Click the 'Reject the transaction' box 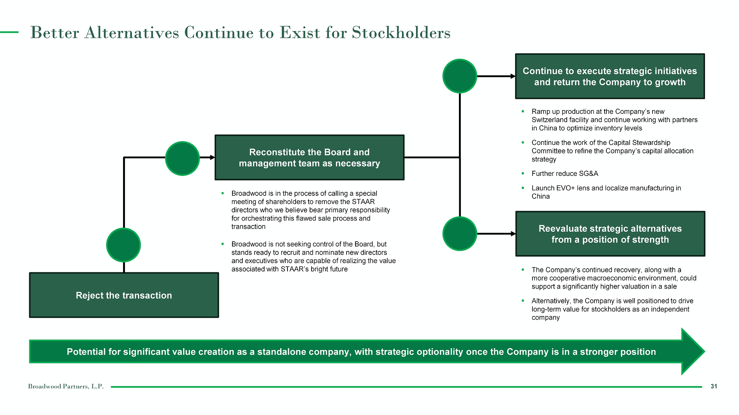[124, 295]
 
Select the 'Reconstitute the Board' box [309, 158]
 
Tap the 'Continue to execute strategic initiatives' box [610, 76]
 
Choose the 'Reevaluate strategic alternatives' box [610, 234]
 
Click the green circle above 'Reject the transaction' [123, 245]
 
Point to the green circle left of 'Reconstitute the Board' [183, 158]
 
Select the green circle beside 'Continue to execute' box [460, 76]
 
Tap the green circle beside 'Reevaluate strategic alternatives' [460, 234]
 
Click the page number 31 [714, 386]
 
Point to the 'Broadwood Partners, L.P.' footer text [66, 387]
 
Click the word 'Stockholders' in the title [401, 33]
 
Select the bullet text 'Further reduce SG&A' [565, 174]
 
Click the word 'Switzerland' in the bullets [549, 120]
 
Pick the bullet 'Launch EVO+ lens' [606, 188]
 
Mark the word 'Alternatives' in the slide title [132, 33]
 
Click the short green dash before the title [9, 32]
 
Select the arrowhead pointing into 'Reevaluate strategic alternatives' [513, 234]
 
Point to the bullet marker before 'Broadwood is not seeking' [223, 244]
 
